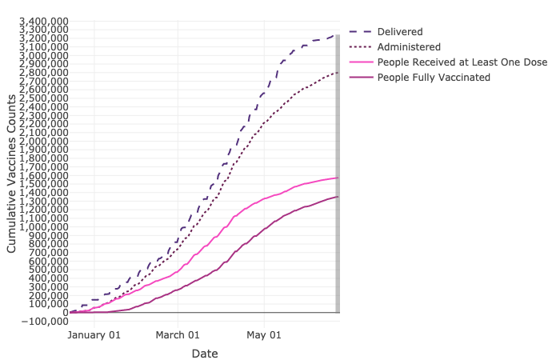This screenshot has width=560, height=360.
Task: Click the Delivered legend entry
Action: (400, 31)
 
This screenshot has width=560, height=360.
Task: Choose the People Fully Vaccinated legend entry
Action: (434, 77)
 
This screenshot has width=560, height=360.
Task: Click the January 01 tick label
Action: (94, 335)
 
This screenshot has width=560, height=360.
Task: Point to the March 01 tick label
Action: (178, 335)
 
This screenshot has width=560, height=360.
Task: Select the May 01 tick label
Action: (265, 335)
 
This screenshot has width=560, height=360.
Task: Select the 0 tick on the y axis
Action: (65, 312)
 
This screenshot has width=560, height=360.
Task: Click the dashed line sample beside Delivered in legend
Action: (360, 31)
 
